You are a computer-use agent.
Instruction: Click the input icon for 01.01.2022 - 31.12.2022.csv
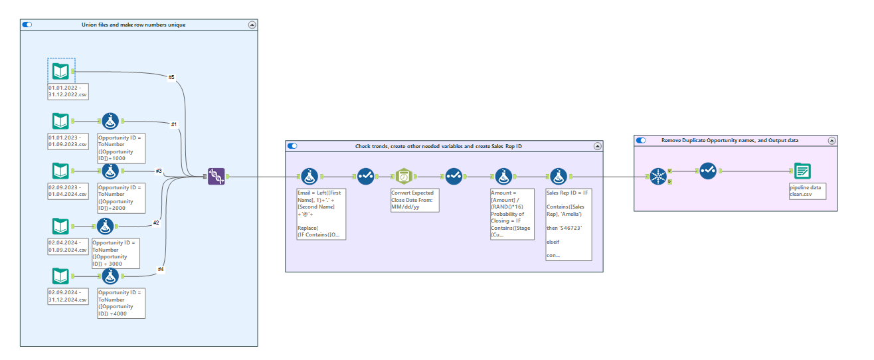click(60, 70)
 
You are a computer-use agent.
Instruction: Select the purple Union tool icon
click(216, 176)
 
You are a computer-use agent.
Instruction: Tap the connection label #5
click(171, 78)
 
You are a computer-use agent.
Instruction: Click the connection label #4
click(161, 269)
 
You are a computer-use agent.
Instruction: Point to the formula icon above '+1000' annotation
click(110, 122)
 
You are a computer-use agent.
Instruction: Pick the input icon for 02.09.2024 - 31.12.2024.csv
click(60, 277)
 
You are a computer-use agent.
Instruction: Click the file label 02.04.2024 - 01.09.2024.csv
click(67, 246)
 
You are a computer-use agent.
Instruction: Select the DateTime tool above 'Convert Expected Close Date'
click(404, 176)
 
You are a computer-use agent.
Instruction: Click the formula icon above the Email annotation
click(308, 176)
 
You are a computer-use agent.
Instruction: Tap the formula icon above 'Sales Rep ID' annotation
click(557, 176)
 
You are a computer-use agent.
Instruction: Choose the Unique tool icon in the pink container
click(657, 176)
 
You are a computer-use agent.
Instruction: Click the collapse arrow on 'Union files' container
click(252, 25)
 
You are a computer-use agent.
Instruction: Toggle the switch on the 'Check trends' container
click(292, 146)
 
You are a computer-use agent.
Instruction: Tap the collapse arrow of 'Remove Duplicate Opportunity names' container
click(831, 140)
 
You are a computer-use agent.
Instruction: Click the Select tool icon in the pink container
click(707, 171)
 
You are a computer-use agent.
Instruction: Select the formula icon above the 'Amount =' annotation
click(503, 176)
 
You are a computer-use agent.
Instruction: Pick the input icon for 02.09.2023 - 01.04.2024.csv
click(60, 171)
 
